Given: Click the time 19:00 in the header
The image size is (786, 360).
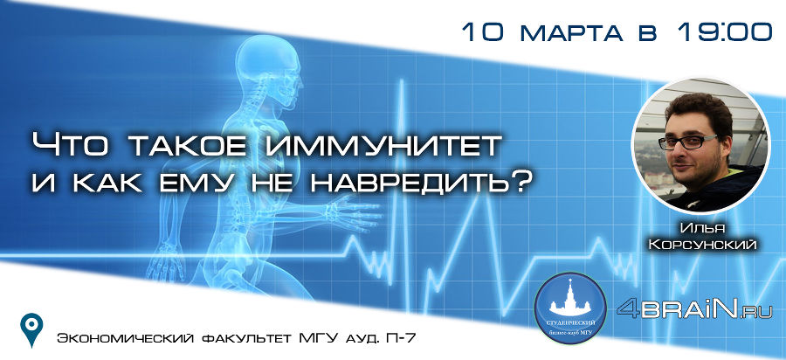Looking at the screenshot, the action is pyautogui.click(x=725, y=31).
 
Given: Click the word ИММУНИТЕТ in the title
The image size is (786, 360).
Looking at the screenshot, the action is pyautogui.click(x=382, y=145).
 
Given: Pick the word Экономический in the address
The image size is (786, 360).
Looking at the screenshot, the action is pyautogui.click(x=125, y=338).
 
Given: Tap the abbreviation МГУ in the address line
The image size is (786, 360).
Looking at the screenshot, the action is pyautogui.click(x=318, y=338).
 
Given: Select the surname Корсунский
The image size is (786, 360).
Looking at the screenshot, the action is pyautogui.click(x=702, y=246).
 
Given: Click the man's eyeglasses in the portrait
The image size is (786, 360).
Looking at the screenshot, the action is pyautogui.click(x=688, y=142).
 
